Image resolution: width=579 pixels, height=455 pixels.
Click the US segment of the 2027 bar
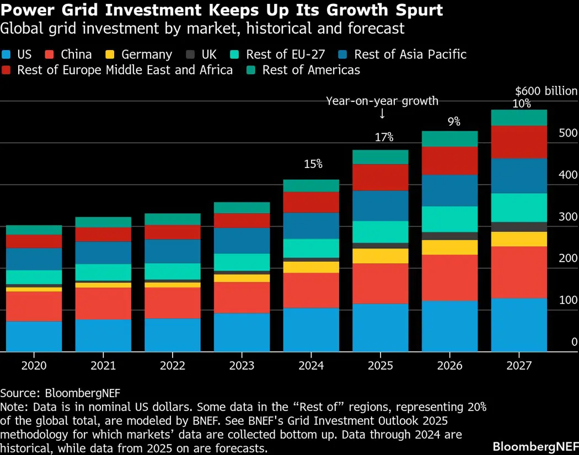519,324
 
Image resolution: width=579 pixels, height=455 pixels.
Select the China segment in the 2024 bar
311,290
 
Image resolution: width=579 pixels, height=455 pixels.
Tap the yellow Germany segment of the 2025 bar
380,256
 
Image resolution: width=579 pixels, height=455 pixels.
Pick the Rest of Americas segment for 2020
34,230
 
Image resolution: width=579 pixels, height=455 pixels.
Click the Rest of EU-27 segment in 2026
449,219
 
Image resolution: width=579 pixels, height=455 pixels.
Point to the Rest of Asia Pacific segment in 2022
173,251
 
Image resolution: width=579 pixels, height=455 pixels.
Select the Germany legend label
147,55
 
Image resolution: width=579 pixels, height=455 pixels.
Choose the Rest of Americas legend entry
311,70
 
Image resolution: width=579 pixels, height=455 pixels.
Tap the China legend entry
76,55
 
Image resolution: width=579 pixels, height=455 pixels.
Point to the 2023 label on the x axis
242,365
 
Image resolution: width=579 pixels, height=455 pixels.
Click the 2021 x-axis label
103,365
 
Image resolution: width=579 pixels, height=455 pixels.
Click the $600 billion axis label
546,91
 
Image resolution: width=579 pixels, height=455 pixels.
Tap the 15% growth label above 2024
313,164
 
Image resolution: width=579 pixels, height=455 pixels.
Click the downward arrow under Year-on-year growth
382,113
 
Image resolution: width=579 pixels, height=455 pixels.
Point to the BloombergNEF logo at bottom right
535,446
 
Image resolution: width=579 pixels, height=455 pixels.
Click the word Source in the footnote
19,393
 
